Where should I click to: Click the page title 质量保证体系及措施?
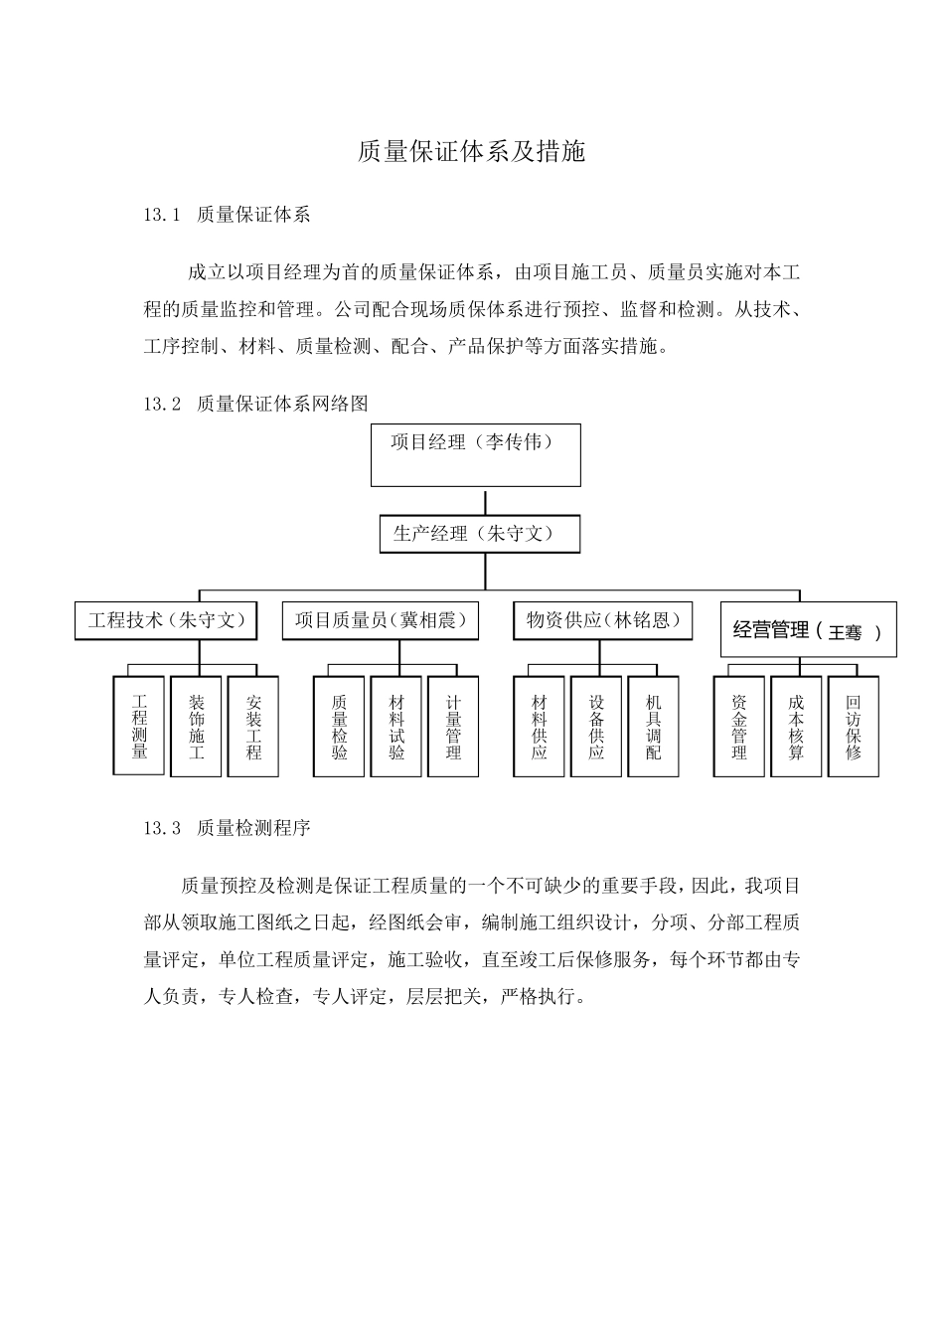point(471,151)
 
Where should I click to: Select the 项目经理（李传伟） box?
point(475,455)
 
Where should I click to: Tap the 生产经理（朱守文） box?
point(479,534)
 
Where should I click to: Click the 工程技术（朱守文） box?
point(166,620)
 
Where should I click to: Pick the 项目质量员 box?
point(381,620)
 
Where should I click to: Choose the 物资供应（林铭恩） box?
point(603,620)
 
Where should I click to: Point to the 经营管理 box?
point(808,629)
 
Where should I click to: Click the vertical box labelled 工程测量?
point(139,727)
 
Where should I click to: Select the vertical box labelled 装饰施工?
point(196,727)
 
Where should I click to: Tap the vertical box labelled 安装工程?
point(253,727)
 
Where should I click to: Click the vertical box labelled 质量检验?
point(340,727)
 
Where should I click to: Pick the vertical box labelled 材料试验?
point(396,727)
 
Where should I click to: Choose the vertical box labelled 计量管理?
point(453,727)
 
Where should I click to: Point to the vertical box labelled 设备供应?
point(596,727)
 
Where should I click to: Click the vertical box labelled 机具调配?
point(653,727)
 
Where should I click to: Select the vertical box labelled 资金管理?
point(739,727)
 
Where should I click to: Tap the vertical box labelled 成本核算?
point(796,727)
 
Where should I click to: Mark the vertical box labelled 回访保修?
point(854,727)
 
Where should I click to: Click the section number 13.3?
point(162,828)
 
